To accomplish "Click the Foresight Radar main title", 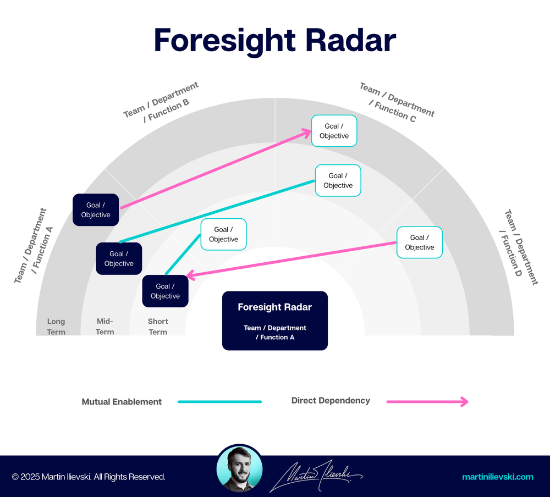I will (x=274, y=40).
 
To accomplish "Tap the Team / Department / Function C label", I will (x=395, y=101).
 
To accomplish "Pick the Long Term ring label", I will (x=56, y=327).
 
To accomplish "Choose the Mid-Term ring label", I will (x=105, y=327).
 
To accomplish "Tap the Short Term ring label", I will (x=158, y=327).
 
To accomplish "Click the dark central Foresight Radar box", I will (x=274, y=321).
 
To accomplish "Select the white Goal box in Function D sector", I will (x=420, y=242).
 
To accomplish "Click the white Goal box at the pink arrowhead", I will (x=334, y=131).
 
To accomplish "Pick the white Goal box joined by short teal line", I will (x=223, y=234).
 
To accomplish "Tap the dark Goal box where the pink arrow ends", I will (x=165, y=291).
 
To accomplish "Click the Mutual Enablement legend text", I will (x=122, y=402).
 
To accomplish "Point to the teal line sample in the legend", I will (x=219, y=402).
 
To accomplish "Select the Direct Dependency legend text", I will (x=331, y=401).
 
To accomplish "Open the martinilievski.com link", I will (x=498, y=477).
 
